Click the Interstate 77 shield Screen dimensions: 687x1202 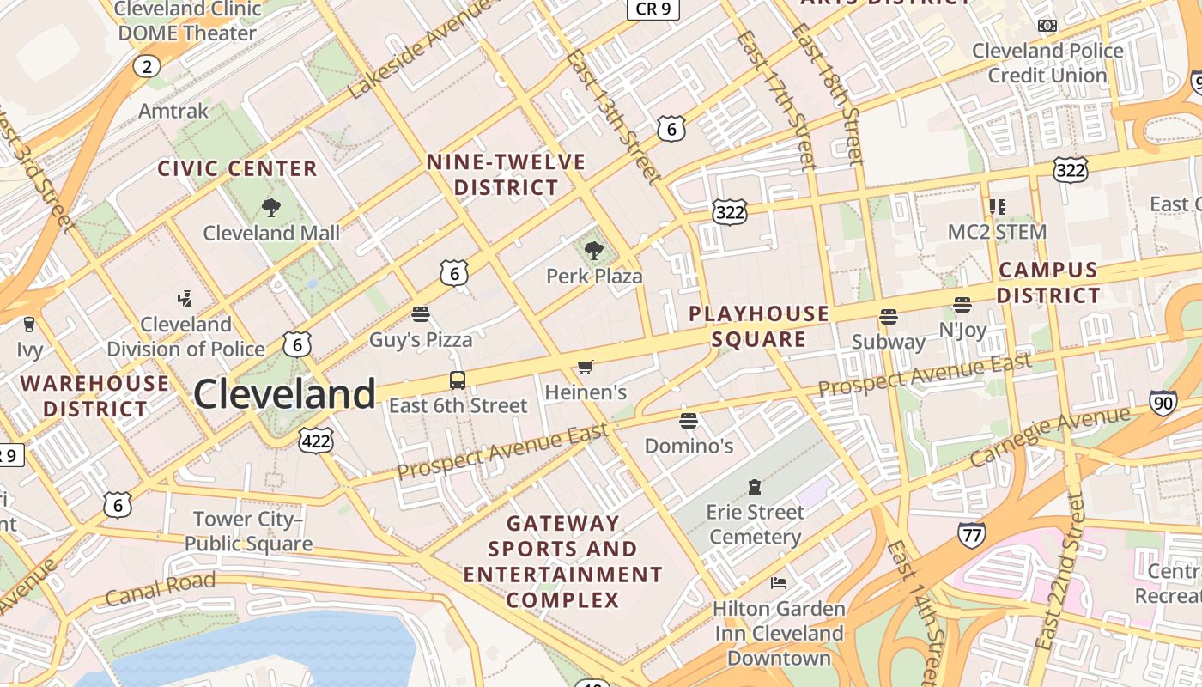(x=971, y=534)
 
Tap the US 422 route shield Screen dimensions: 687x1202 (x=315, y=441)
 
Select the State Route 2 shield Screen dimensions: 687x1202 (x=147, y=66)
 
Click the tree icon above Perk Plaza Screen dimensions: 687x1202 (x=593, y=251)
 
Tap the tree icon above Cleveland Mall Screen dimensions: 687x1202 (x=270, y=207)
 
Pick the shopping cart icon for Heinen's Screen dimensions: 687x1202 (x=586, y=368)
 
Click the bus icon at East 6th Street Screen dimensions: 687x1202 (x=458, y=380)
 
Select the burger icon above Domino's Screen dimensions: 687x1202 (x=689, y=421)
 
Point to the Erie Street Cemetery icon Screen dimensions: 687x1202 (x=755, y=487)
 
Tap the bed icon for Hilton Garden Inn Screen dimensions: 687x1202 (x=779, y=583)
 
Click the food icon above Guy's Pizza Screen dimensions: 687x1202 (x=420, y=314)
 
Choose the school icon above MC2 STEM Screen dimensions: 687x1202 (x=997, y=206)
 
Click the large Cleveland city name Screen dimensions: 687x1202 (x=284, y=394)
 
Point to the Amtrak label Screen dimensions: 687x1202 (x=173, y=111)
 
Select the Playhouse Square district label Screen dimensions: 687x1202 (x=759, y=326)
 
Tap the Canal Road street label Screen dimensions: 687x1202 (x=160, y=591)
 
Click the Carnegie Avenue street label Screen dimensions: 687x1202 (x=1050, y=436)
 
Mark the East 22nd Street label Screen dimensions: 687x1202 (x=1060, y=571)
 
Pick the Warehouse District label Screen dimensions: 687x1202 (x=94, y=395)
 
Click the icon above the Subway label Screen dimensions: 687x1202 (x=889, y=317)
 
